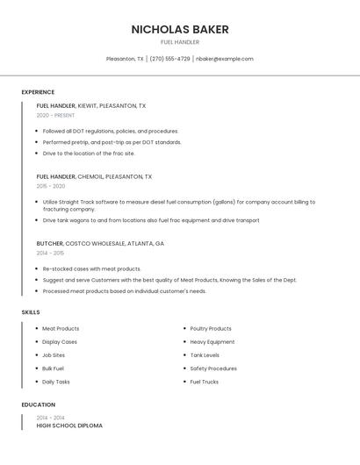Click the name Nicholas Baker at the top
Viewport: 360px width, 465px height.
(180, 29)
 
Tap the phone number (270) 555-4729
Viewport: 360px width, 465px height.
(169, 59)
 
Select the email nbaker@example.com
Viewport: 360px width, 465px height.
(225, 59)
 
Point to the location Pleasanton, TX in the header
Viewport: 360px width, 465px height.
(125, 59)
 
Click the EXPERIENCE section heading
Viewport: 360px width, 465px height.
(38, 92)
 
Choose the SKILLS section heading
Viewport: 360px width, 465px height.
(31, 312)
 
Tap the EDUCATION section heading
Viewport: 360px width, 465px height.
(39, 404)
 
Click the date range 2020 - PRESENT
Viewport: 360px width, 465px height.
(55, 115)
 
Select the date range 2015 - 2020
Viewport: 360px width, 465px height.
(51, 186)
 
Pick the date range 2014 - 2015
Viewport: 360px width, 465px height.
(50, 253)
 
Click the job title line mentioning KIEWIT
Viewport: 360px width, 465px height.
(91, 105)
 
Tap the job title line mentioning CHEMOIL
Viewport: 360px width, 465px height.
(94, 176)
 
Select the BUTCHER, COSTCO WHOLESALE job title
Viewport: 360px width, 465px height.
(100, 243)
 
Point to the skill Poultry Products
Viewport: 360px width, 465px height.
(211, 328)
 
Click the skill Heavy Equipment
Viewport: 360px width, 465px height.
(212, 341)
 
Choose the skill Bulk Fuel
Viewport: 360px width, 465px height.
(54, 368)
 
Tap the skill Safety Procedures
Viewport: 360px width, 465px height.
(213, 368)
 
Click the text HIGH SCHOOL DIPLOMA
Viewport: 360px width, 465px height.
(69, 426)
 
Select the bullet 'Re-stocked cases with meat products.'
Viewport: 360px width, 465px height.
(91, 268)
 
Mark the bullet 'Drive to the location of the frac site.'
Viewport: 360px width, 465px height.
(89, 153)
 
